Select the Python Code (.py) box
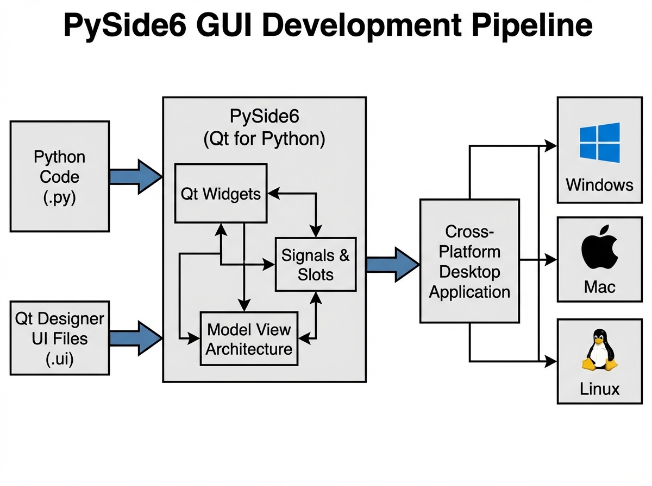click(x=60, y=176)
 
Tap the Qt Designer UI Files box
click(x=60, y=338)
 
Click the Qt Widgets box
click(x=220, y=193)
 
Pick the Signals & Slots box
click(x=316, y=264)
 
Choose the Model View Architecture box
click(x=249, y=338)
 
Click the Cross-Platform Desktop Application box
click(x=469, y=261)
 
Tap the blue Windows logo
click(x=599, y=143)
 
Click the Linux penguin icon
click(x=599, y=351)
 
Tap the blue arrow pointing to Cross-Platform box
click(x=393, y=264)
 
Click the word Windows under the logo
click(x=599, y=185)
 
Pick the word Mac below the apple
click(x=599, y=286)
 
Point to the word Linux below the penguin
click(x=599, y=389)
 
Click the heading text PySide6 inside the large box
click(x=264, y=116)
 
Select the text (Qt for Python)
click(x=264, y=139)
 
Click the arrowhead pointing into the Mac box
click(x=551, y=260)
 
